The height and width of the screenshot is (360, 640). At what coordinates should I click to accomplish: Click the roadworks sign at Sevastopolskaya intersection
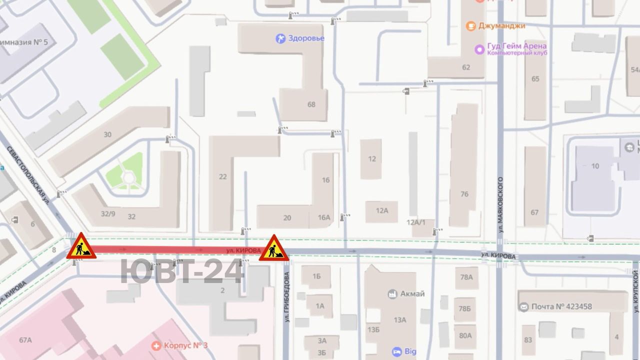point(81,246)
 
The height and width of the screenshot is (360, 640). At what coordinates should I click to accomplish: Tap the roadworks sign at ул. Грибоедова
point(273,248)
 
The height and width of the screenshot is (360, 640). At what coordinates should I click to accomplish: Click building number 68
point(311,104)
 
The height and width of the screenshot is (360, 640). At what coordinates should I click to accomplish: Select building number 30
point(107,134)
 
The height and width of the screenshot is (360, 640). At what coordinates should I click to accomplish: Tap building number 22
point(223,176)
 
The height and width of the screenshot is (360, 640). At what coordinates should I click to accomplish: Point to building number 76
point(464,194)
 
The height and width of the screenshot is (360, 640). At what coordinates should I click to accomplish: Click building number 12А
point(382,210)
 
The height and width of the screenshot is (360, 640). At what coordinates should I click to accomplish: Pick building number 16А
point(324,217)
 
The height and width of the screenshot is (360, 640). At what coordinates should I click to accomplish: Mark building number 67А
point(25,340)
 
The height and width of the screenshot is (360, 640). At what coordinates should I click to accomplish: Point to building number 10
point(595,166)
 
